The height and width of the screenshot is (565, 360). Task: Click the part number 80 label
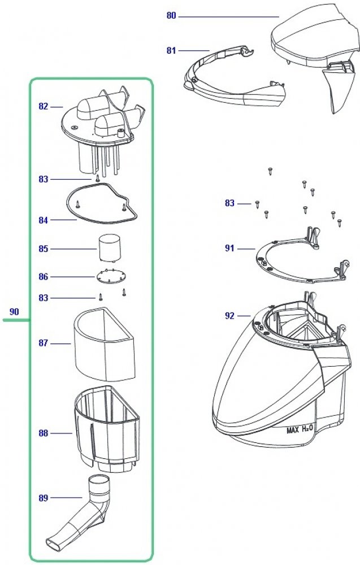click(x=171, y=15)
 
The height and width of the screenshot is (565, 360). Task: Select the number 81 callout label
click(x=171, y=50)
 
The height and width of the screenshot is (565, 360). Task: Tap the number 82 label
click(x=44, y=106)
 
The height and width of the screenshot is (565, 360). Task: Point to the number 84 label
click(x=44, y=220)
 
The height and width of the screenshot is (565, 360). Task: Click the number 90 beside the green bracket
click(x=14, y=311)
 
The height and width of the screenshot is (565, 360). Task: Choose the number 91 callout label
click(x=229, y=248)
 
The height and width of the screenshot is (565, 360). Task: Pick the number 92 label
click(x=229, y=316)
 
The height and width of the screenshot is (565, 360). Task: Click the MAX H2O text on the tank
click(x=300, y=429)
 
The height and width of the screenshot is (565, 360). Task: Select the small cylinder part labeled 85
click(x=109, y=248)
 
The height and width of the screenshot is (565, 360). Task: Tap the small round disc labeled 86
click(x=111, y=277)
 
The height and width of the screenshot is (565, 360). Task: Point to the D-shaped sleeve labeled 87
click(x=104, y=344)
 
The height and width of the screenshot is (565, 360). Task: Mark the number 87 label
click(x=44, y=343)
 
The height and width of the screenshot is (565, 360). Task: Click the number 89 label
click(x=44, y=498)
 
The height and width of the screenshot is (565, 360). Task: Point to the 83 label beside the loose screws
click(x=229, y=203)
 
